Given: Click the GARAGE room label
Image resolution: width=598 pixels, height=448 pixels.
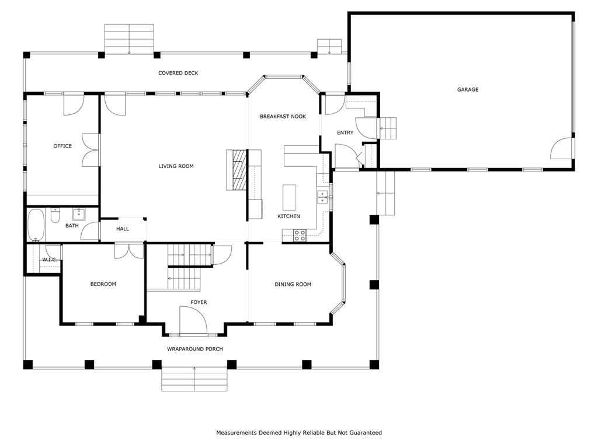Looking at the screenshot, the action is tap(468, 89).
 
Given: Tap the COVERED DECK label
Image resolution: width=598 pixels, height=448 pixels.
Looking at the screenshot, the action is tap(178, 73).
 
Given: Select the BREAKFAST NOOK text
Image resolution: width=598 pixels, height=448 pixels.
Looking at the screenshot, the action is tap(283, 116).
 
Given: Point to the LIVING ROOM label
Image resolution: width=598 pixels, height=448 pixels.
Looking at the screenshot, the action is tap(176, 166).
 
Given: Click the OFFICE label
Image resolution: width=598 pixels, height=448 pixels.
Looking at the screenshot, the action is tap(62, 146).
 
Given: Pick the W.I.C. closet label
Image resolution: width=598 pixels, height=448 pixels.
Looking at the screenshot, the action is tap(50, 260).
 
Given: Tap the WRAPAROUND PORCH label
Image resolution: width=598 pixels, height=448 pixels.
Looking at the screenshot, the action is tap(195, 349).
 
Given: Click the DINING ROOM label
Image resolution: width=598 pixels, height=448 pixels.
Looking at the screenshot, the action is tap(293, 284).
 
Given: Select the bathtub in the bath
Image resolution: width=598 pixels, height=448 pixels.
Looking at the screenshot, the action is tap(36, 225).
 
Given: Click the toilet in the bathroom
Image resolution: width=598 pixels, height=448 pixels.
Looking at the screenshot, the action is tap(55, 215).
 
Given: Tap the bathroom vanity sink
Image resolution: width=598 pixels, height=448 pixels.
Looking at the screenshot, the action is tap(79, 213).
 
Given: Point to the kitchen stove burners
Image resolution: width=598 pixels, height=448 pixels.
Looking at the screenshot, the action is tap(300, 236).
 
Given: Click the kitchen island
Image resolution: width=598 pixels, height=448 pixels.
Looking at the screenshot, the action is tap(289, 195).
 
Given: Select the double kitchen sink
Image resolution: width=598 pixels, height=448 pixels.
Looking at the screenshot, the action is tap(322, 197).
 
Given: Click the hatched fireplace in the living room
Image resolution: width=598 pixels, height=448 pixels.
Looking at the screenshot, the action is tap(240, 170).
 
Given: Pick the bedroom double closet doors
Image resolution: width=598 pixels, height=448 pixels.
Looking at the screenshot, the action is tap(129, 251).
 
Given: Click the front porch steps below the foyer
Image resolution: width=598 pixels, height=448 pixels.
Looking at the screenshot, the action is tap(194, 379).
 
